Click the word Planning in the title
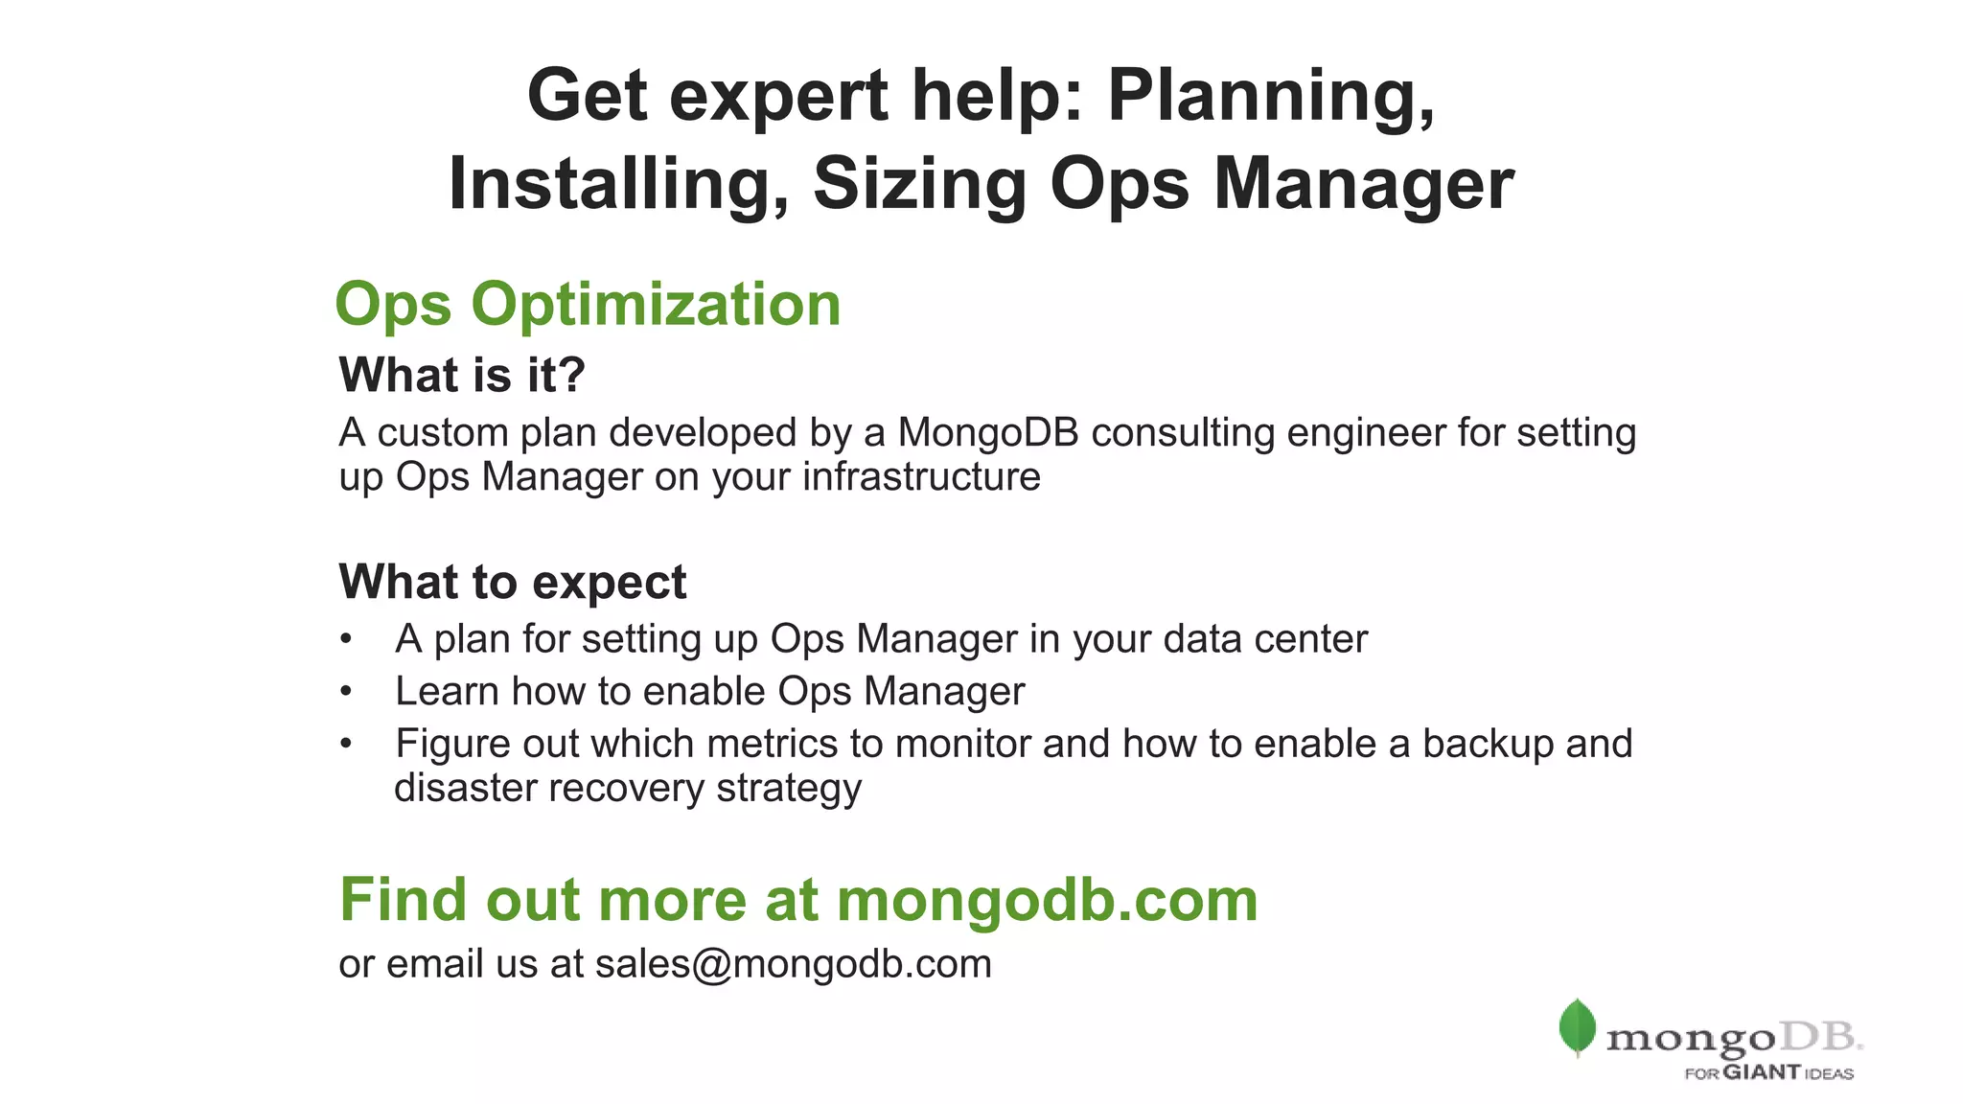tap(1271, 97)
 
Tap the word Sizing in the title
tap(920, 184)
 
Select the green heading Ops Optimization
tap(588, 305)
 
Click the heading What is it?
tap(462, 375)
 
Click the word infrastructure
tap(921, 477)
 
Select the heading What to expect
tap(513, 582)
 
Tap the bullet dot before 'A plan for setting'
tap(346, 639)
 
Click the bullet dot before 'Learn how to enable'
tap(346, 692)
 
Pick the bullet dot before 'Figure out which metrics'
tap(346, 744)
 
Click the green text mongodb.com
tap(1047, 900)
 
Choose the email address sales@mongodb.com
tap(794, 964)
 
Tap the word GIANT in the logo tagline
tap(1762, 1072)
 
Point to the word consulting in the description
tap(1183, 433)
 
